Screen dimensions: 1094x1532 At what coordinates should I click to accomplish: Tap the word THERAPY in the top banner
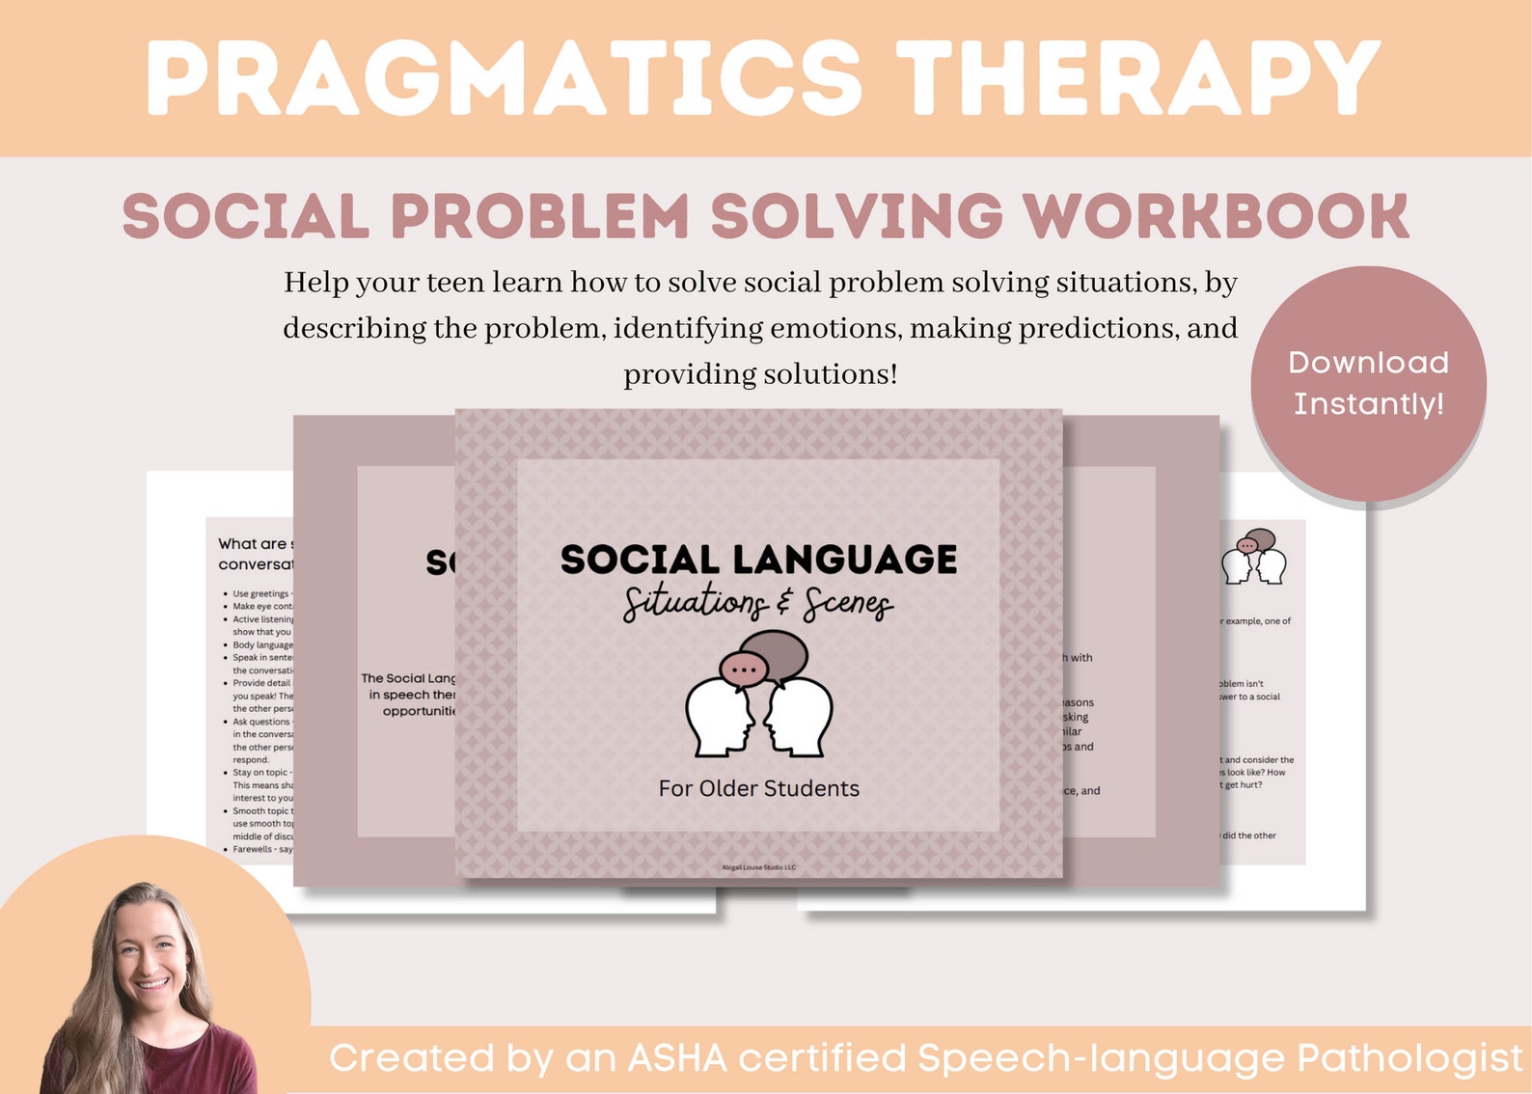tap(1138, 79)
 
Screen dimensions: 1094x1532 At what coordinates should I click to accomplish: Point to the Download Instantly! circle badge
tap(1368, 383)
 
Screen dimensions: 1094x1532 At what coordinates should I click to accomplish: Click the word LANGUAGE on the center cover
tap(845, 560)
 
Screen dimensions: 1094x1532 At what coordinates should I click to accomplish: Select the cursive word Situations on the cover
tap(695, 604)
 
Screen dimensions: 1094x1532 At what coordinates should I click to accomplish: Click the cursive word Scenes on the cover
tap(847, 604)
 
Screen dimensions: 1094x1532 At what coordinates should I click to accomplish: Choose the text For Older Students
tap(758, 788)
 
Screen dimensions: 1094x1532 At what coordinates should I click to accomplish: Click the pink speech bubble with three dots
tap(744, 669)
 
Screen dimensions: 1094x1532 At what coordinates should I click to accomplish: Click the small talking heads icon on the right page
tap(1254, 557)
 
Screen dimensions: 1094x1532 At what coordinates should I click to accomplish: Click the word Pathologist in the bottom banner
tap(1409, 1058)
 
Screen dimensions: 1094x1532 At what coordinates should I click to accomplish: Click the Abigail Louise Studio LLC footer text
tap(758, 867)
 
